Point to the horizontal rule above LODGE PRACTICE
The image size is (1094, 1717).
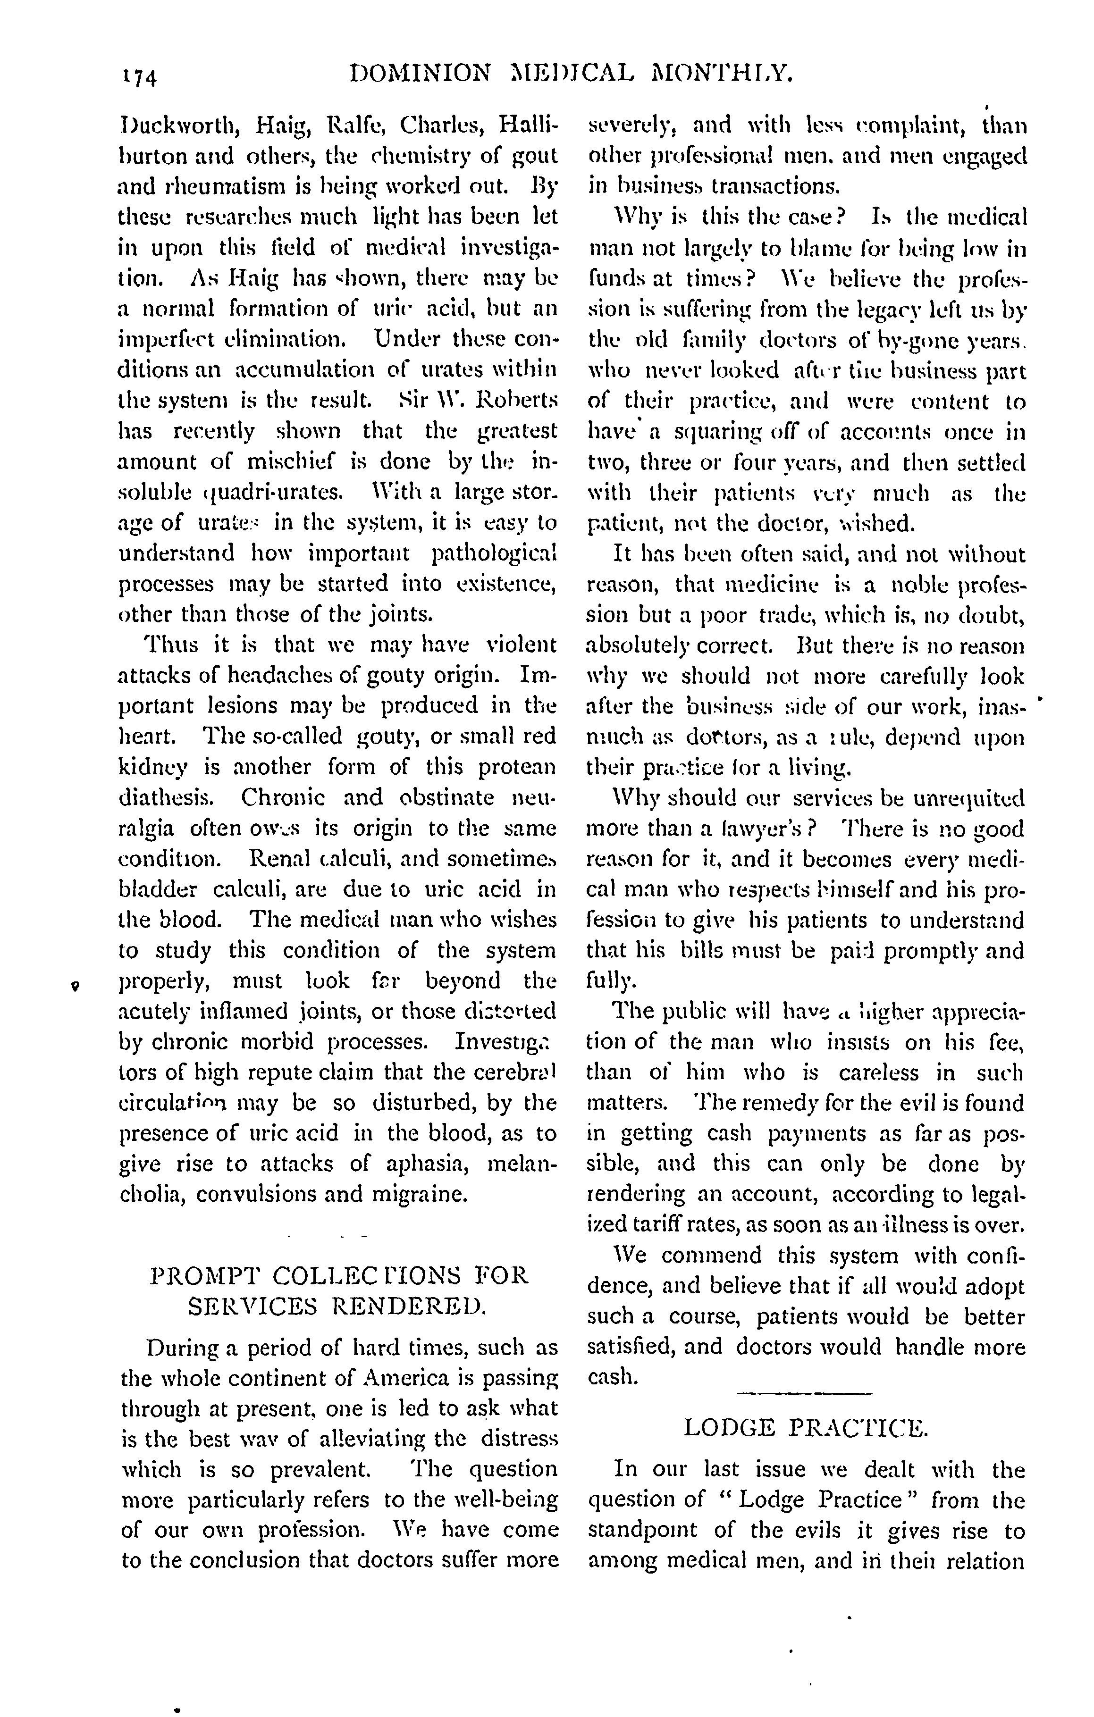[805, 1392]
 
